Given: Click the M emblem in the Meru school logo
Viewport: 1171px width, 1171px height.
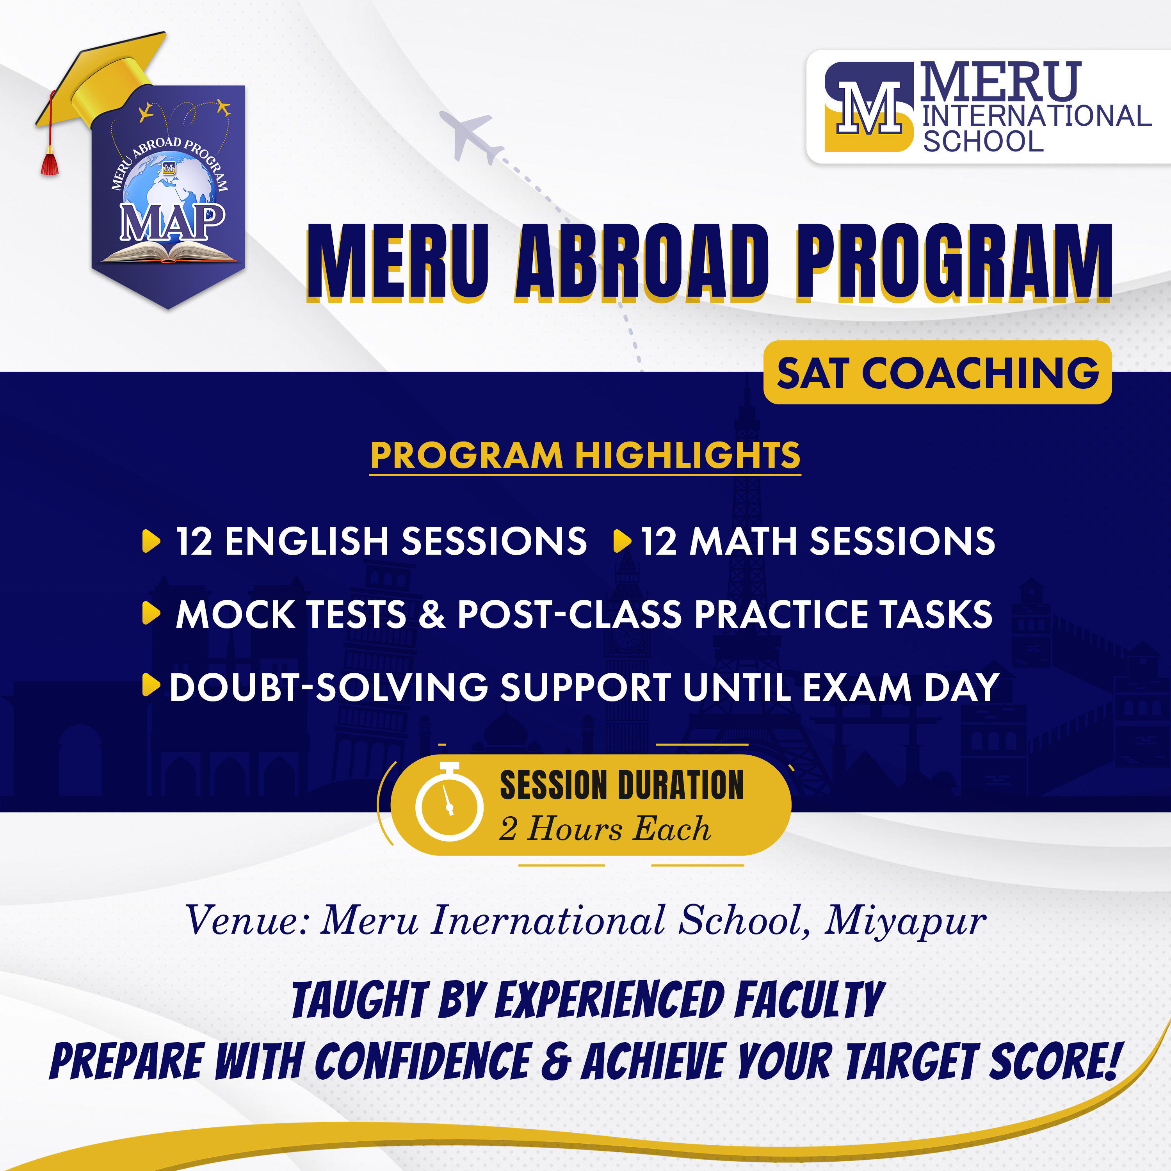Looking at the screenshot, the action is click(x=868, y=106).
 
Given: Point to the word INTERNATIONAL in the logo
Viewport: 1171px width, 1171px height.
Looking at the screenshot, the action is click(x=1036, y=116).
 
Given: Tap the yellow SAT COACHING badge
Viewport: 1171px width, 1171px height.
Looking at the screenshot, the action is click(x=937, y=372).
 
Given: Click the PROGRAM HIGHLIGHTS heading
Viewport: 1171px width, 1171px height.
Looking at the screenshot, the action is click(x=585, y=456).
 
